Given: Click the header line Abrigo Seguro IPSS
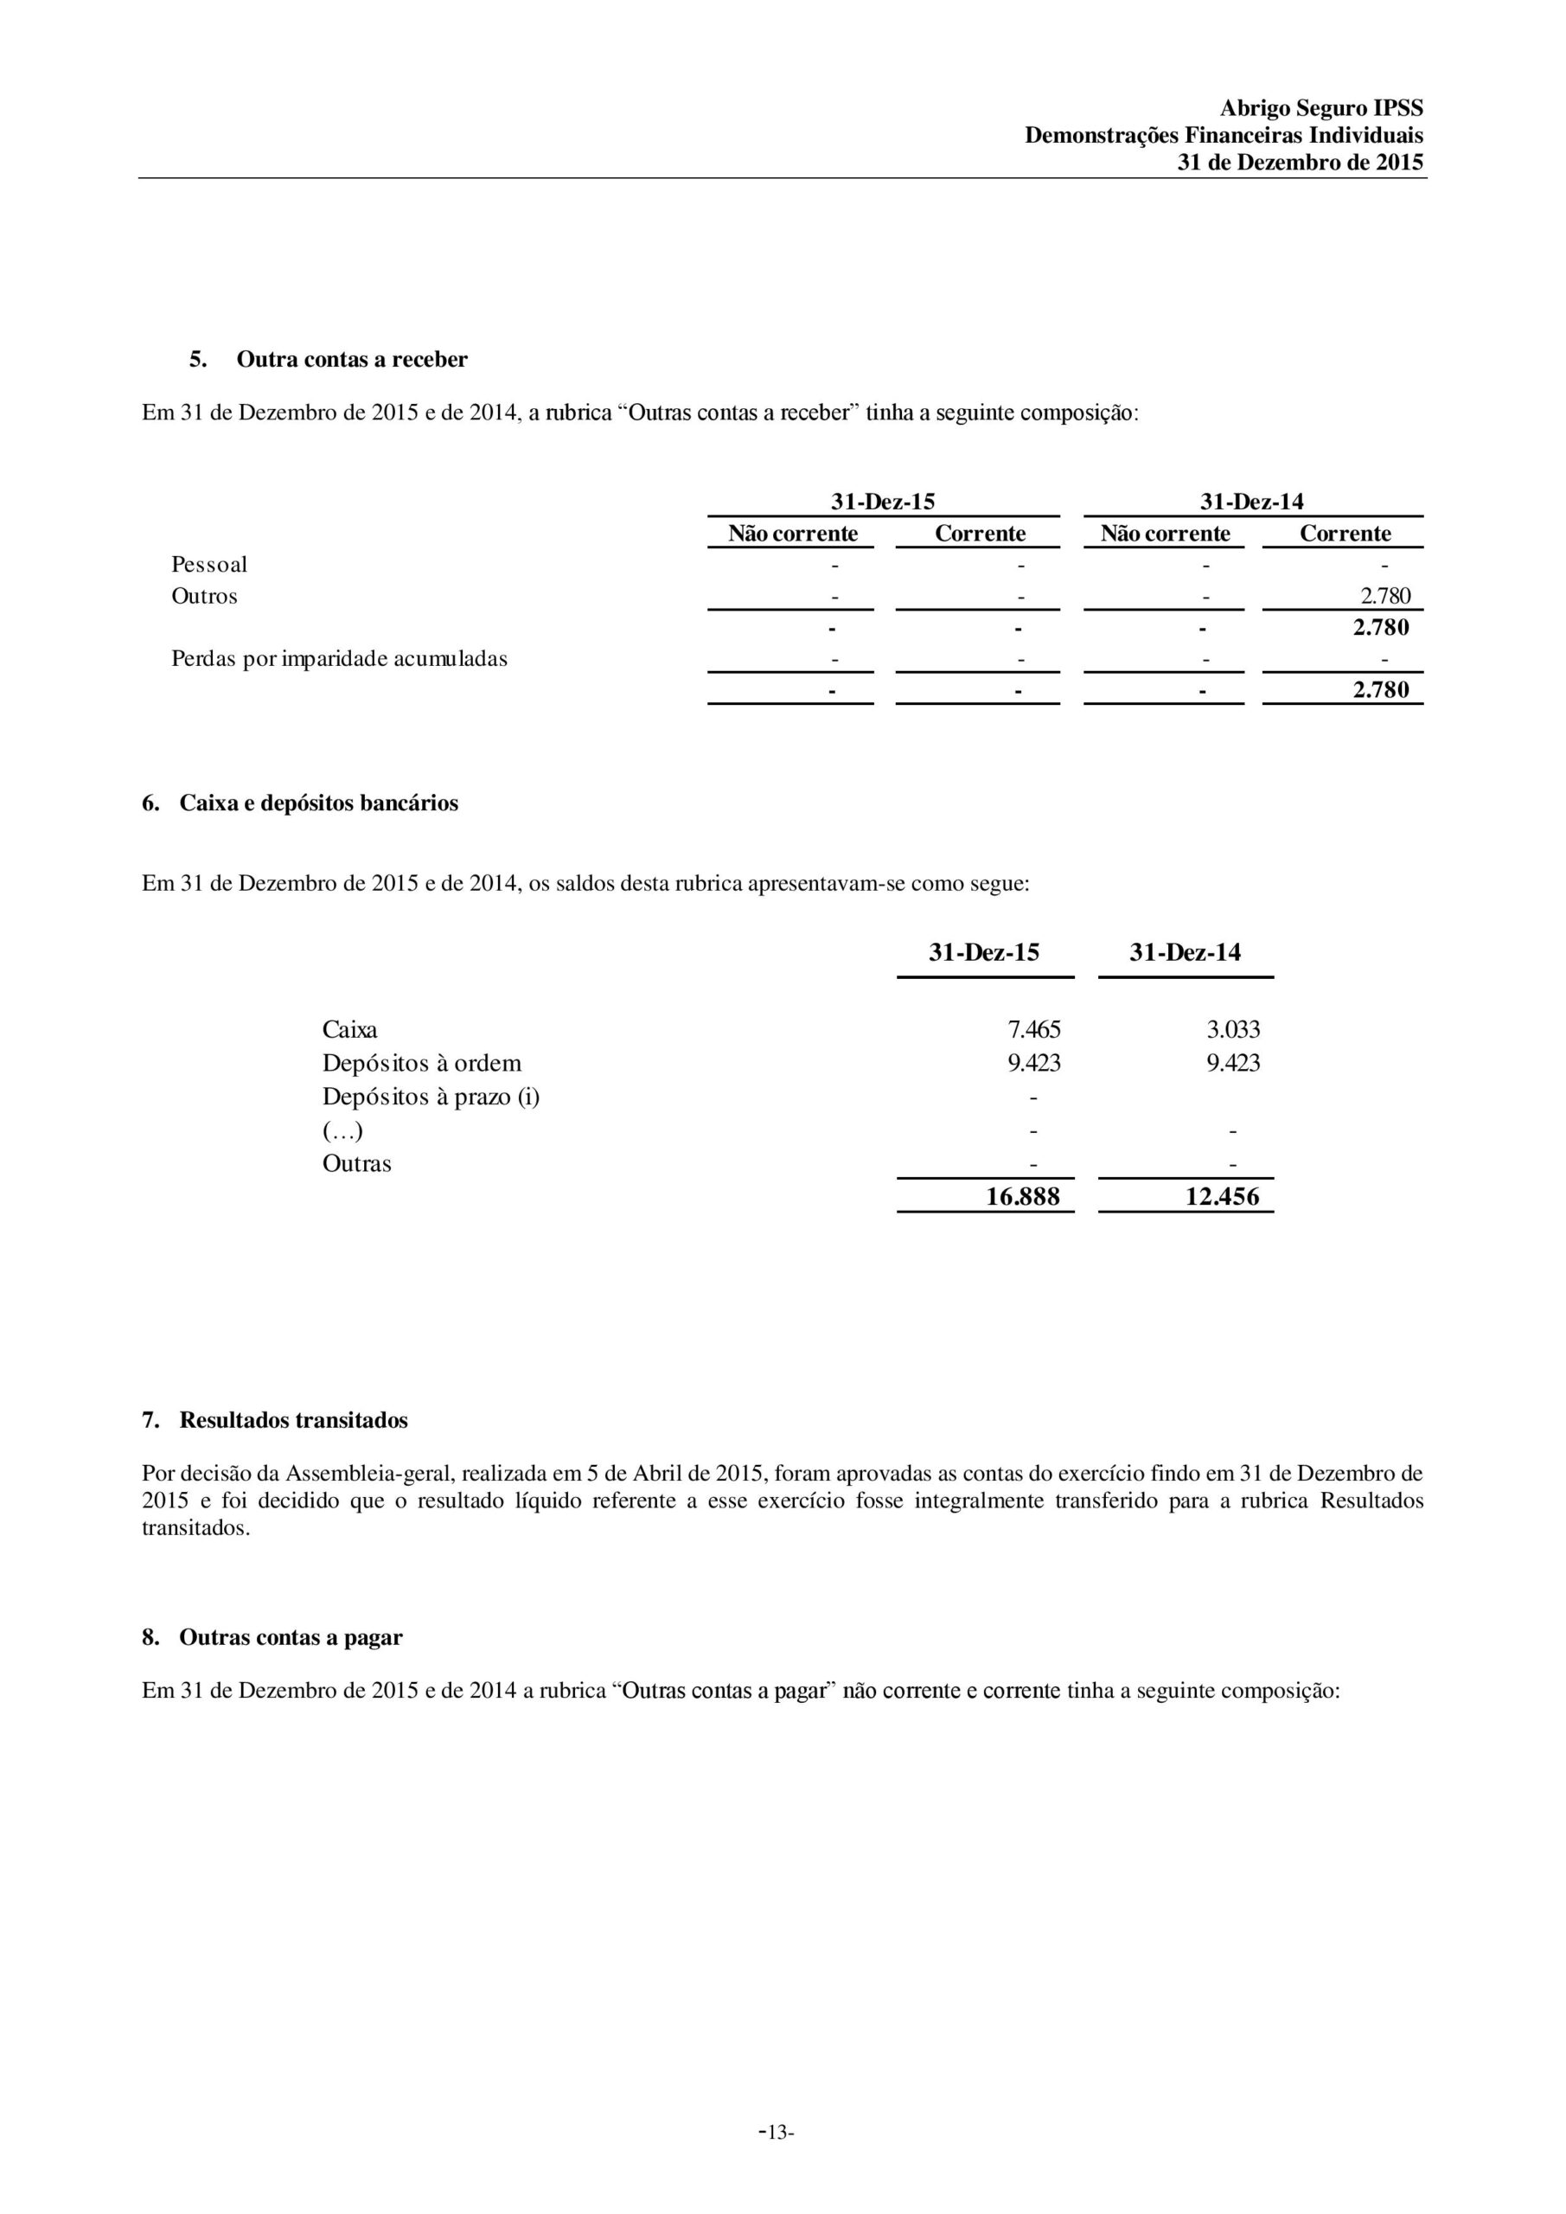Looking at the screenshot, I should pos(1320,108).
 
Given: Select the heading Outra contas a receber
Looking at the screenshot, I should pos(352,360).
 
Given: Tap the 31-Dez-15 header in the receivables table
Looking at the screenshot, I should pos(882,502).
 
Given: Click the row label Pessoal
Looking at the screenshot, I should pos(209,564).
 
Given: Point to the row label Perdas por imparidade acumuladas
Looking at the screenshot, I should pos(340,659).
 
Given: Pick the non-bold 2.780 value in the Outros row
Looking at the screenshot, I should pos(1384,596).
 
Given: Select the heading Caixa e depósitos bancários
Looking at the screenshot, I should pos(318,803).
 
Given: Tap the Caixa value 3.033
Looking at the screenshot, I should pos(1233,1030).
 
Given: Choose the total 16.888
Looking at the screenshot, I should pos(1022,1197).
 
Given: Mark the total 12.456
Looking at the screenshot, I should pos(1222,1197).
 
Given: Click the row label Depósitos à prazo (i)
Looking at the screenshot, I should pos(431,1097).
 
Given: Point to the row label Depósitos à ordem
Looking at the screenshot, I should pos(421,1064).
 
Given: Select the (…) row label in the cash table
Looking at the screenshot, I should pos(342,1130).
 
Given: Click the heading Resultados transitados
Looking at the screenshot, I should pos(293,1420).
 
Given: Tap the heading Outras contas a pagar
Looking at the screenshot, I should pos(291,1637).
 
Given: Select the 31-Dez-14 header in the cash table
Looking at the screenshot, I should pos(1186,953).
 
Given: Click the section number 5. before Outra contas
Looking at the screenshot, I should pos(198,360).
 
